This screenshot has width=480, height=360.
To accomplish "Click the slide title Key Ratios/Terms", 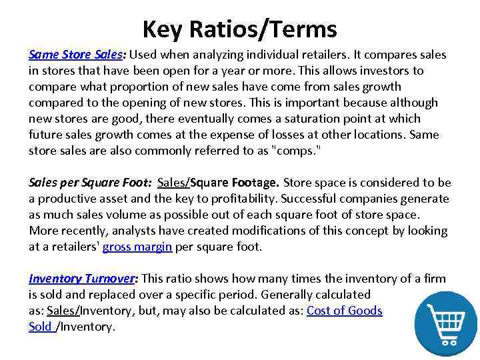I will [239, 29].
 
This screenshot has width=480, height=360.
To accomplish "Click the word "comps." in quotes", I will [295, 151].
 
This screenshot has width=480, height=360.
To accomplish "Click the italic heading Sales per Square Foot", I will [89, 183].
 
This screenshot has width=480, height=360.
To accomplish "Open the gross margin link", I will [137, 247].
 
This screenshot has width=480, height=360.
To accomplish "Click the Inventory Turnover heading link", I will [81, 279].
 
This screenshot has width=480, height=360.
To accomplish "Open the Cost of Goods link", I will [344, 311].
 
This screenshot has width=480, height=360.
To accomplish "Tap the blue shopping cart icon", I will [445, 322].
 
